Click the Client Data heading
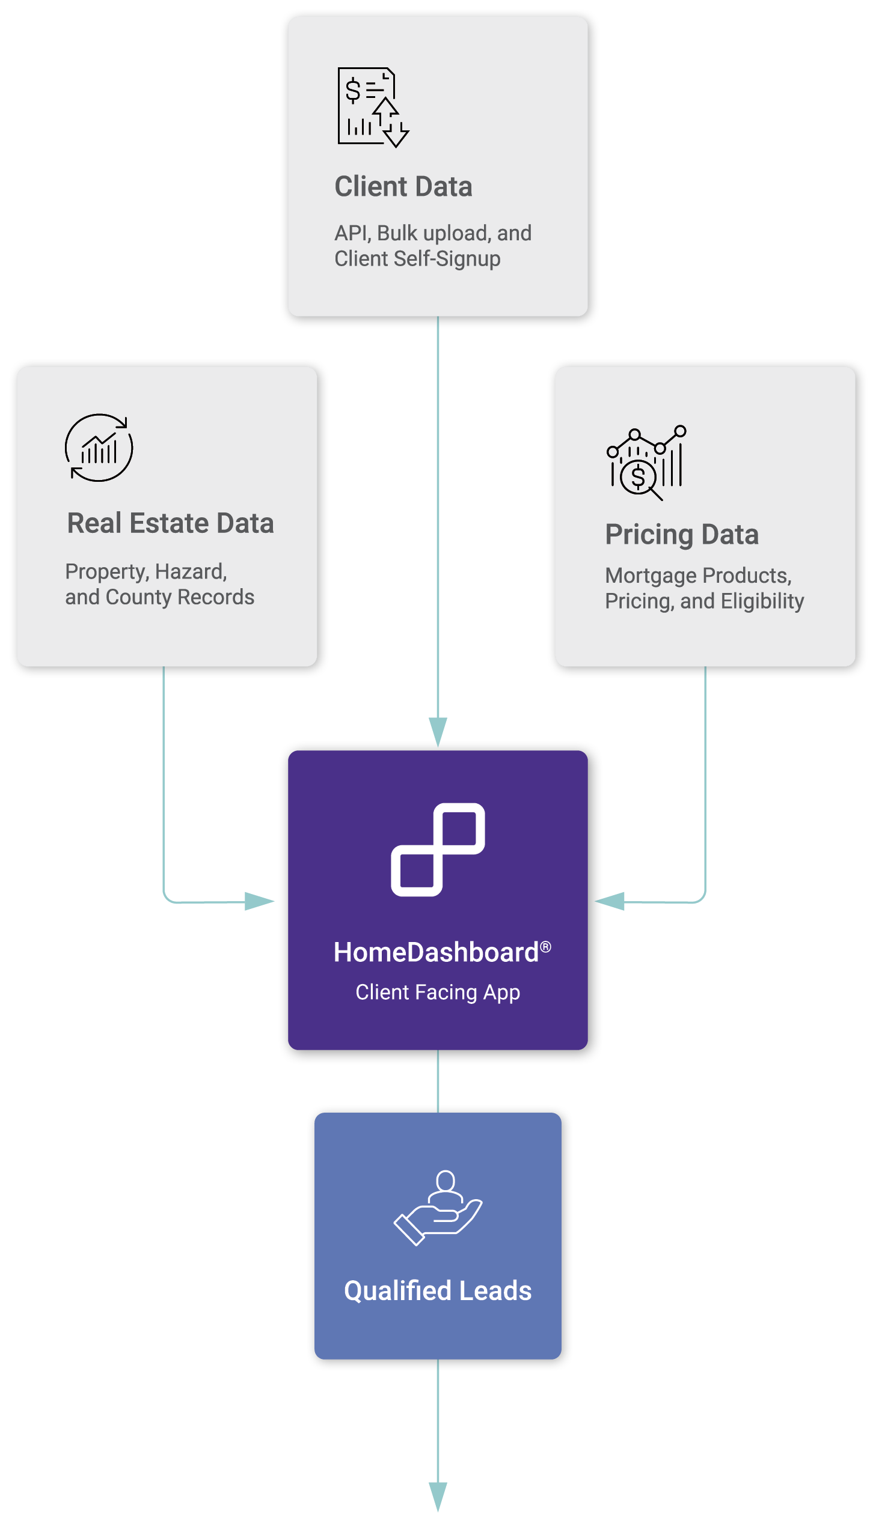point(403,186)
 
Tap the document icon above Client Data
point(373,107)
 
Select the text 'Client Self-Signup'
point(417,259)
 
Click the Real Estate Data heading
point(170,523)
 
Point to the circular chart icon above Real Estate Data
point(99,448)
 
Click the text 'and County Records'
point(159,597)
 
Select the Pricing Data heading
point(682,535)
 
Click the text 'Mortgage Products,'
point(698,576)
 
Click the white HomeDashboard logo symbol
point(438,849)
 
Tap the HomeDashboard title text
point(436,953)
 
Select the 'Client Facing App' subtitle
point(438,992)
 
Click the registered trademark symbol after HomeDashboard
point(546,947)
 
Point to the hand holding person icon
point(438,1208)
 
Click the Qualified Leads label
point(438,1290)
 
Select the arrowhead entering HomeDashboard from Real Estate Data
point(260,901)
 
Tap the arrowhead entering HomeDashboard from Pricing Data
point(609,901)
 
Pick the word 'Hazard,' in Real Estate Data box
point(191,572)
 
